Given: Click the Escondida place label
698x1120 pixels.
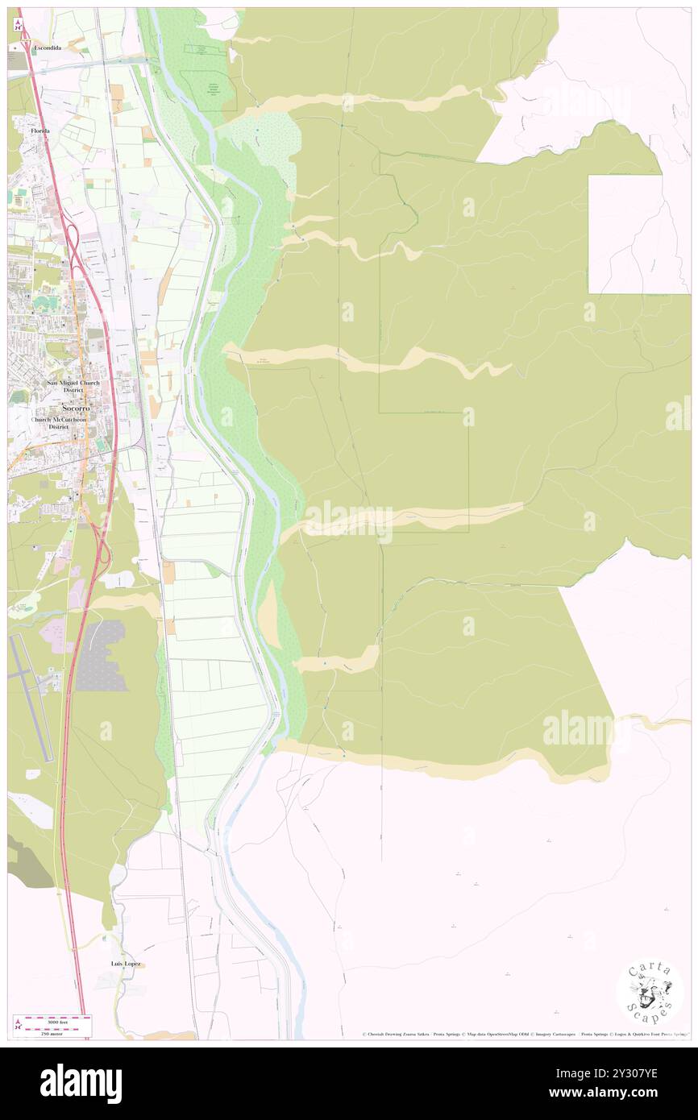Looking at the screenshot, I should [x=47, y=48].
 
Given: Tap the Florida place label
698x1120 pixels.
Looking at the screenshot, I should [x=40, y=131].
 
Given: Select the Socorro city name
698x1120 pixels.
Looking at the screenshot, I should [x=73, y=408].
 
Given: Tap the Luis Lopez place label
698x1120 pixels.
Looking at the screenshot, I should [x=127, y=964].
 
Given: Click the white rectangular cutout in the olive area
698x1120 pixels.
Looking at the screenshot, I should [x=638, y=234].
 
